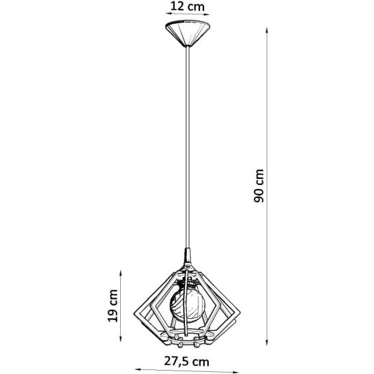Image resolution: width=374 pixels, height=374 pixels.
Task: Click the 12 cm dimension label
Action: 188,6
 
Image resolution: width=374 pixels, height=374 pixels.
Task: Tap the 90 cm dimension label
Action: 259,186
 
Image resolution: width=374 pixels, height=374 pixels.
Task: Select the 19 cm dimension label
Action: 113,306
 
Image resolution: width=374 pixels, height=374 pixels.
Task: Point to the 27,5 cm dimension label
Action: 186,362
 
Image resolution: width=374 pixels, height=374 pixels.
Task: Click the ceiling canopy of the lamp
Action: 188,33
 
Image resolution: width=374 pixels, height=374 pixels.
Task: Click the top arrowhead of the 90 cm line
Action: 267,31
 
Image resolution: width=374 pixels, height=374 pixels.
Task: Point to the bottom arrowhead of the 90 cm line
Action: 267,342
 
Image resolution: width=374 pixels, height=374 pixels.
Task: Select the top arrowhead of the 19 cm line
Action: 121,274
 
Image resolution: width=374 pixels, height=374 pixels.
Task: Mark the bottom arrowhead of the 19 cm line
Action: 121,338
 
